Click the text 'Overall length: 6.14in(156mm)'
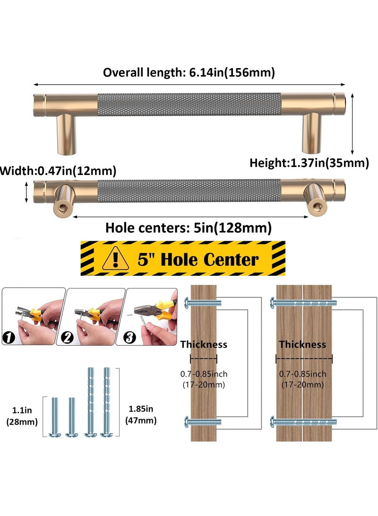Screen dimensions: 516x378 point(189,72)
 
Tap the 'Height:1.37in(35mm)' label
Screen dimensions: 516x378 point(309,163)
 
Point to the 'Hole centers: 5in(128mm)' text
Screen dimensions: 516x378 point(189,228)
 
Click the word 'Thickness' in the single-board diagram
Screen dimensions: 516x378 point(204,344)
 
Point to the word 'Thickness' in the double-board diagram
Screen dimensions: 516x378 point(302,344)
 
